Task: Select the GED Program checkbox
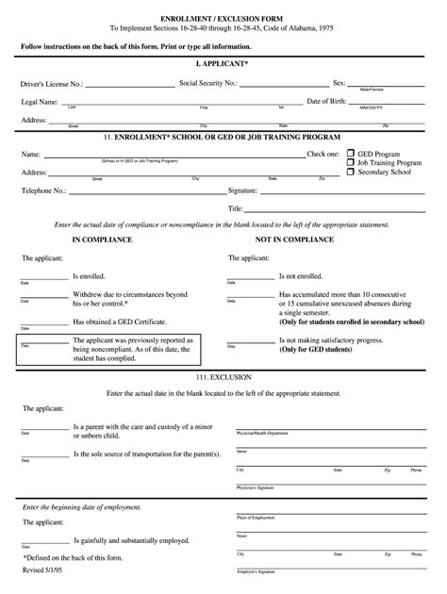[x=351, y=153]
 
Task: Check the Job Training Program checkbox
[x=351, y=162]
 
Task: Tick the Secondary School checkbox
[x=351, y=173]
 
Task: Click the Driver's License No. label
[x=52, y=83]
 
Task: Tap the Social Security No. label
[x=210, y=83]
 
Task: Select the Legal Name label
[x=41, y=101]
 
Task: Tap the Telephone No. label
[x=43, y=190]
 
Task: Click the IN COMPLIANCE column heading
[x=102, y=239]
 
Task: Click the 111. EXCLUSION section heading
[x=223, y=375]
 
